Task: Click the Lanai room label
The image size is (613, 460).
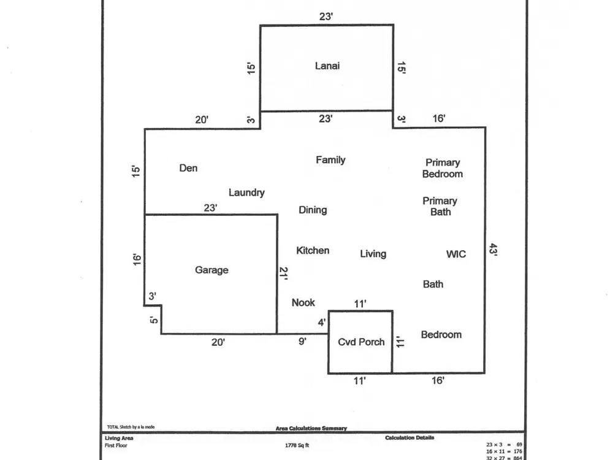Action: pos(327,66)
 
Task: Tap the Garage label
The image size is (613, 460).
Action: pos(211,270)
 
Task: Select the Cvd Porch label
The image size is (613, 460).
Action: pos(362,342)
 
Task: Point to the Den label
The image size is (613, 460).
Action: pos(188,168)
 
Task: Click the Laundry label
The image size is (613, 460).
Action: pos(246,193)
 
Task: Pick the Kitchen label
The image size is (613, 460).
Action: pos(313,250)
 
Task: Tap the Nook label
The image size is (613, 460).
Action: pos(303,302)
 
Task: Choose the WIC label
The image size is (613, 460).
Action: pos(455,254)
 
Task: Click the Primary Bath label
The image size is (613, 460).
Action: pos(440,206)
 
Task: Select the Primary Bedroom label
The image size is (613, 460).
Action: pos(443,168)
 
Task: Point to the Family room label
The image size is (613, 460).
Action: pos(330,160)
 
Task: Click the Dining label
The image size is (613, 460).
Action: pos(313,210)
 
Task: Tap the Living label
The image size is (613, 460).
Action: pos(373,253)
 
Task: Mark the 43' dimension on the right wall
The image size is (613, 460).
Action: pos(493,250)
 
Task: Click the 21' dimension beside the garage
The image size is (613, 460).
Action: pos(283,273)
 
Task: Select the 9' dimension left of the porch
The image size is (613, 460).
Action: pos(302,342)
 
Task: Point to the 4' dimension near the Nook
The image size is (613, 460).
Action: pos(322,322)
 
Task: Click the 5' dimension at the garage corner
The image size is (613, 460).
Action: pos(154,320)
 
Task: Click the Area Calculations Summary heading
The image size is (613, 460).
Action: pos(311,429)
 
